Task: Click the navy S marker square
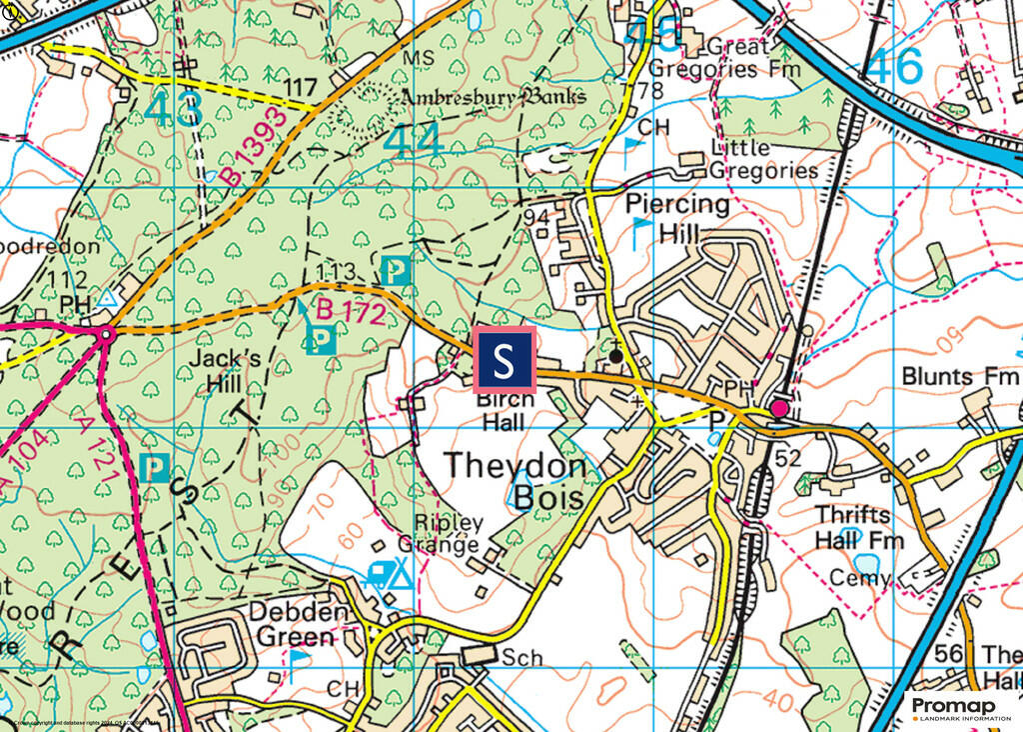pyautogui.click(x=505, y=360)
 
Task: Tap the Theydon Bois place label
pyautogui.click(x=513, y=480)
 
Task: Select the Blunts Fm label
pyautogui.click(x=959, y=377)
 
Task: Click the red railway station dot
pyautogui.click(x=779, y=409)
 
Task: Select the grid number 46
pyautogui.click(x=893, y=68)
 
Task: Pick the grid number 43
pyautogui.click(x=172, y=110)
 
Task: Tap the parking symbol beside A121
pyautogui.click(x=154, y=467)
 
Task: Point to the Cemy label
pyautogui.click(x=860, y=578)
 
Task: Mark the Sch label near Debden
pyautogui.click(x=521, y=658)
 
